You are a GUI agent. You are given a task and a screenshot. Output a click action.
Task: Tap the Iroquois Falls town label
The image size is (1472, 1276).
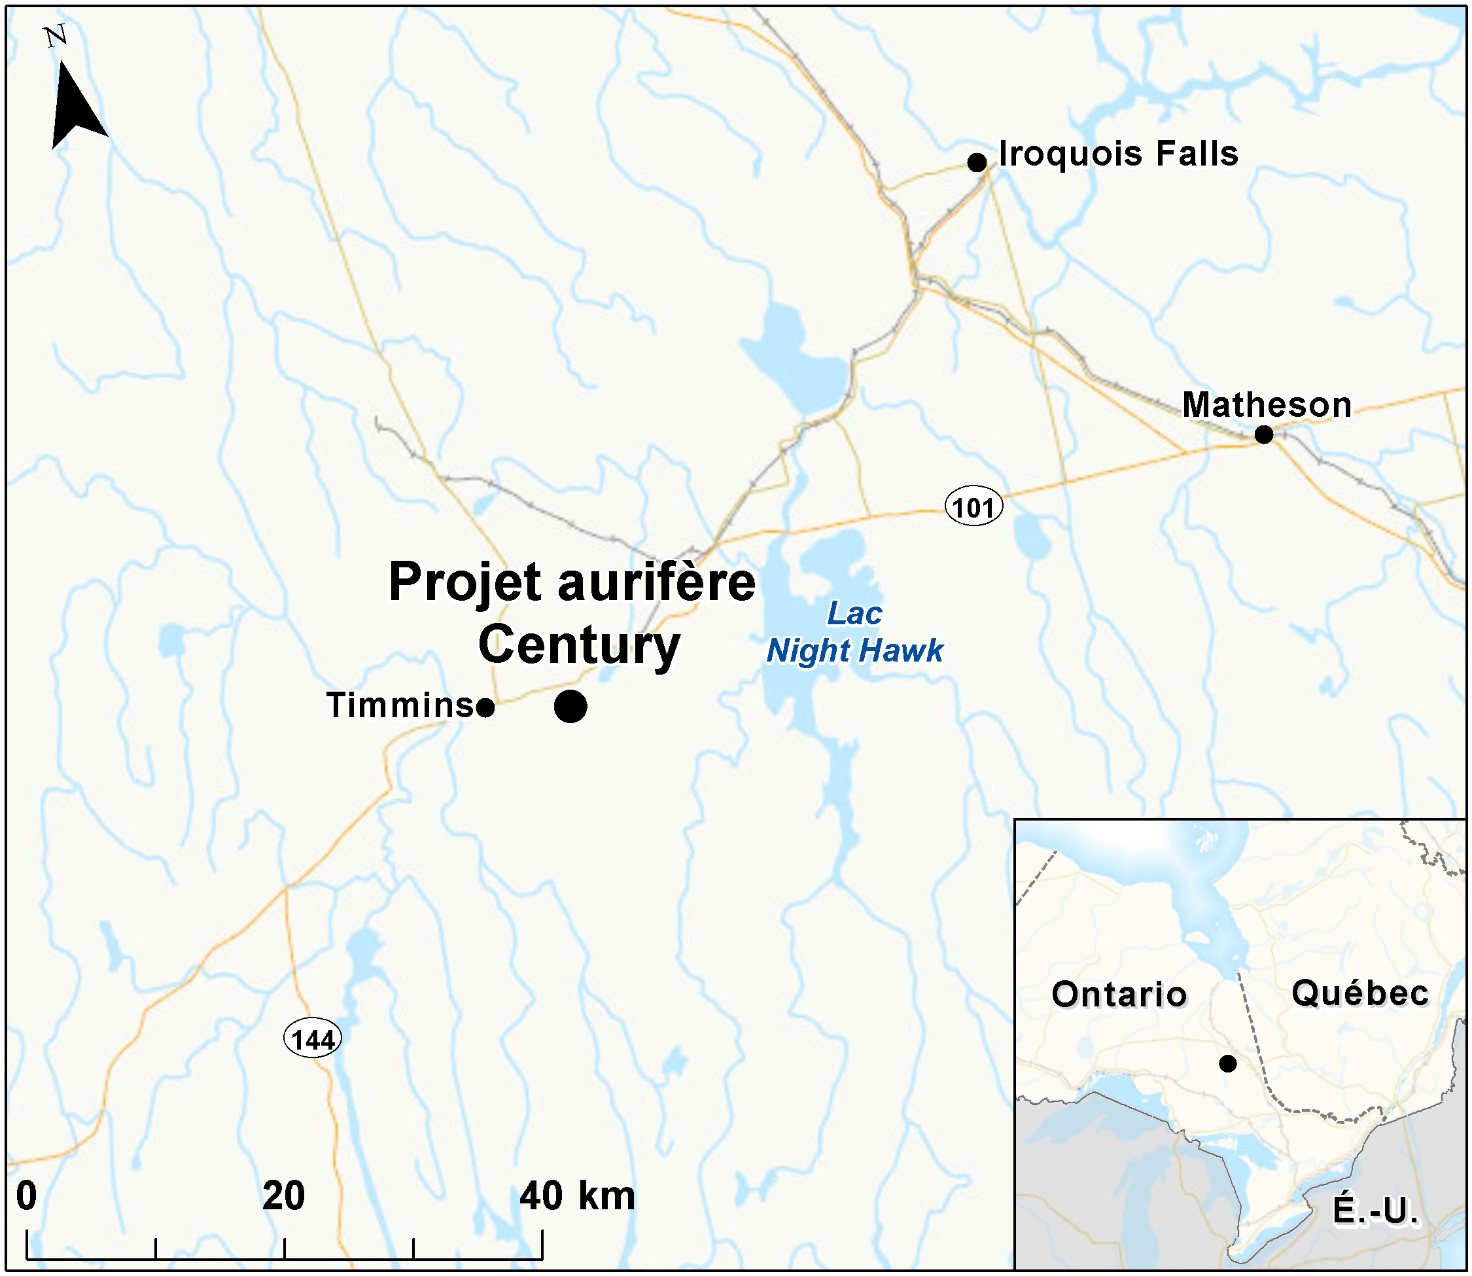(x=1118, y=154)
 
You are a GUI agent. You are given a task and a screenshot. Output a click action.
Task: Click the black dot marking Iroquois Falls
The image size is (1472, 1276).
(x=977, y=162)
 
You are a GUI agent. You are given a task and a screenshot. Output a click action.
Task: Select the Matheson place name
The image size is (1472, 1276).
(x=1267, y=405)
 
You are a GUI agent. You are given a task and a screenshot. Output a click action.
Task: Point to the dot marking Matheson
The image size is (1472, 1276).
(x=1263, y=434)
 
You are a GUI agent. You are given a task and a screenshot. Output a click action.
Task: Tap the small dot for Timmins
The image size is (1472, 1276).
(x=485, y=708)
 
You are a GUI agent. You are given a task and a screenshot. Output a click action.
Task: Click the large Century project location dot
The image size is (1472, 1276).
(x=570, y=706)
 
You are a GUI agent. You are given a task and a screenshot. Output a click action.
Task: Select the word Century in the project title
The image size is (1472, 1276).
(x=579, y=645)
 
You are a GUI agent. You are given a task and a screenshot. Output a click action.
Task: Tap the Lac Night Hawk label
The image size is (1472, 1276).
(x=854, y=631)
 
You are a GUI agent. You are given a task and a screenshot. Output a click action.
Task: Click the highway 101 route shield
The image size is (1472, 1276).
(x=973, y=507)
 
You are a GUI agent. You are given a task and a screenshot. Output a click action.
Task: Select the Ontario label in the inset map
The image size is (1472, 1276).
(x=1119, y=994)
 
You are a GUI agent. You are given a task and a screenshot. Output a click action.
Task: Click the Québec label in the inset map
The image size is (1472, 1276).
(x=1359, y=993)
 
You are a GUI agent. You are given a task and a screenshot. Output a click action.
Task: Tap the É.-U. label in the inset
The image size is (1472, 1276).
(x=1375, y=1211)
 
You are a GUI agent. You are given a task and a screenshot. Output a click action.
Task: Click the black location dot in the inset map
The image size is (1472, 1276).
(x=1227, y=1064)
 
